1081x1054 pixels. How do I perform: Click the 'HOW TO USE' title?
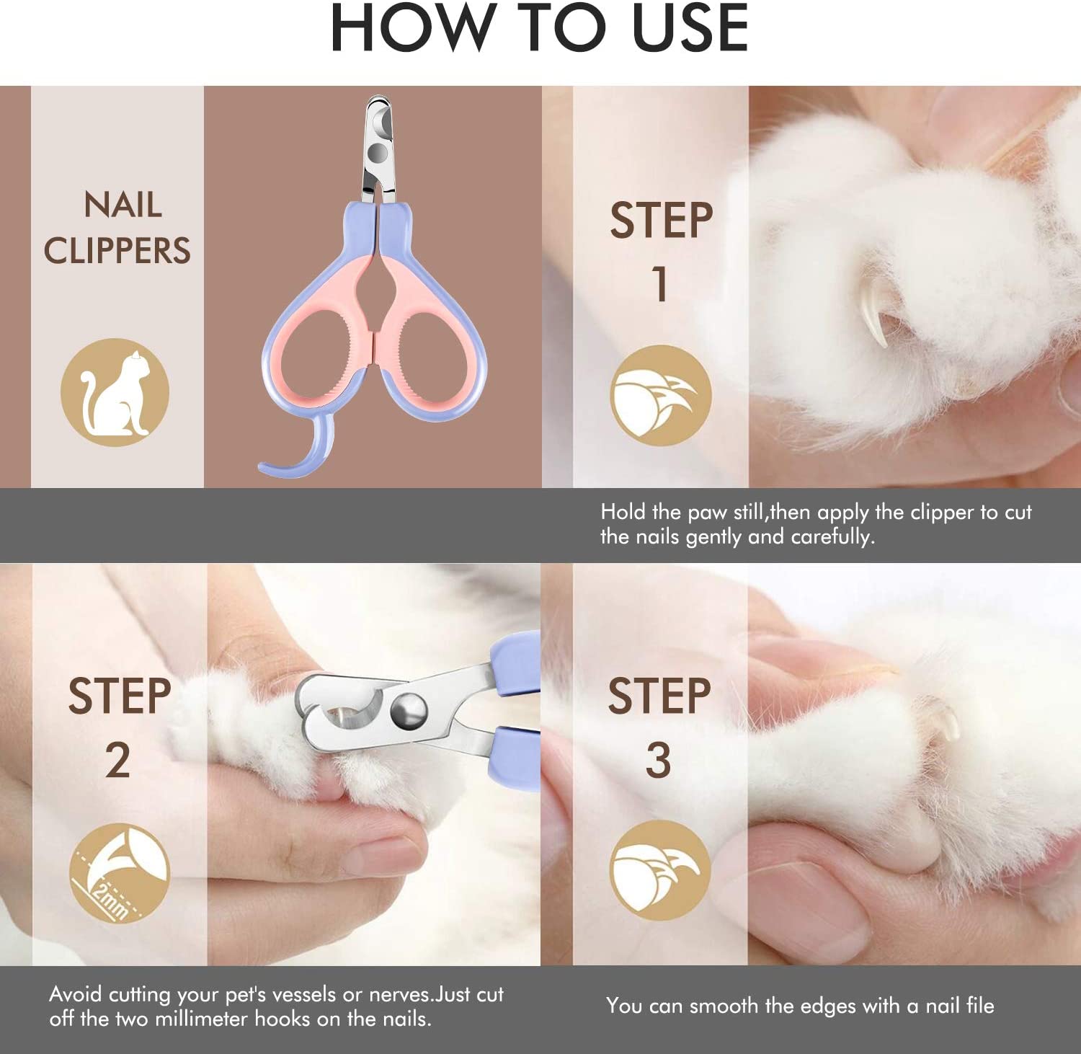coord(539,29)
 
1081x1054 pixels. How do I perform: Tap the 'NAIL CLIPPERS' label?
coord(117,228)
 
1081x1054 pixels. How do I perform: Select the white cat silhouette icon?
coord(115,393)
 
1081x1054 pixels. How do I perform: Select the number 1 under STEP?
coord(660,284)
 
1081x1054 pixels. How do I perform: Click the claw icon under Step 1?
coord(661,395)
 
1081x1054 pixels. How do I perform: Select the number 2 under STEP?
coord(117,761)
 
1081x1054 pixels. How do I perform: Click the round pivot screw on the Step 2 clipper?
coord(408,709)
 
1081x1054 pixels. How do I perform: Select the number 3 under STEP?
coord(658,761)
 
